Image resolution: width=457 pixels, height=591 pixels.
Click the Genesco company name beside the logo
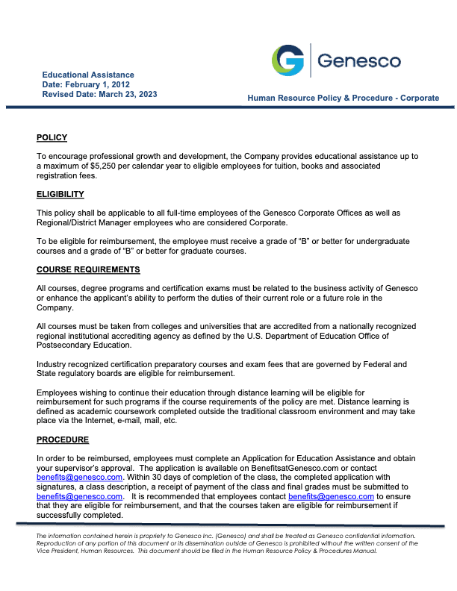pyautogui.click(x=359, y=61)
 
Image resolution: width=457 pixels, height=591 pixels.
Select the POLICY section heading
pyautogui.click(x=52, y=137)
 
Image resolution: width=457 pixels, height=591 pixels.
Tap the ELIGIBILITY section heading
pyautogui.click(x=60, y=194)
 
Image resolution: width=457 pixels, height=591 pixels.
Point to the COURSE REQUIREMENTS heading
pyautogui.click(x=88, y=269)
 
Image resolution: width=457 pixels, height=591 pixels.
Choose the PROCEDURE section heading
pyautogui.click(x=63, y=440)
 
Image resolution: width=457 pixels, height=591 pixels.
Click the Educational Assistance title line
pyautogui.click(x=88, y=75)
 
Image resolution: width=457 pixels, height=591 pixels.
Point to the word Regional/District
pyautogui.click(x=72, y=222)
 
